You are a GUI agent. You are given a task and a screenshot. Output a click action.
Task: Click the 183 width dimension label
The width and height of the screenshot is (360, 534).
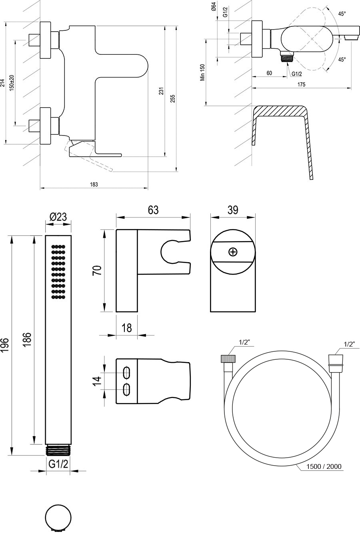[94, 184]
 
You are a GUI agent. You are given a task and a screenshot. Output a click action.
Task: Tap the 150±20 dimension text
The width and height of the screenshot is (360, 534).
[12, 82]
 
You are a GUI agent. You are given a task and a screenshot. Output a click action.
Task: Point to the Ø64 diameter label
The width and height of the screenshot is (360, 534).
[214, 8]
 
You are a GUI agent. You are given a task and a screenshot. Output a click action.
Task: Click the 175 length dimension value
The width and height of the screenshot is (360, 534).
[301, 84]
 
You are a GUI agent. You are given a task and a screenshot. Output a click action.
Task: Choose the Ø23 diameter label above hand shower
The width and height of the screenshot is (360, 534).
[58, 217]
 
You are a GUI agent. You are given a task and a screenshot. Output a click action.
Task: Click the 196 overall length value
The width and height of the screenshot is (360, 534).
[5, 345]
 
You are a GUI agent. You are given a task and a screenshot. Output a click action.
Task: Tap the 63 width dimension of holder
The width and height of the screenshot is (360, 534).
[153, 210]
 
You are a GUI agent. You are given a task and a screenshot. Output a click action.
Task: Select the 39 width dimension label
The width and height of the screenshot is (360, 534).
[233, 210]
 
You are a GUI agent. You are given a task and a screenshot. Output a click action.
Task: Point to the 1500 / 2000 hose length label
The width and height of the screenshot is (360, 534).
[324, 466]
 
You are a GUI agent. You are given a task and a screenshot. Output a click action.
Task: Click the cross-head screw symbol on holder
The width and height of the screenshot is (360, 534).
[233, 252]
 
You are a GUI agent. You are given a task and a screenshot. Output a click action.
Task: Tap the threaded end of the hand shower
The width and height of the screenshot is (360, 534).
[58, 450]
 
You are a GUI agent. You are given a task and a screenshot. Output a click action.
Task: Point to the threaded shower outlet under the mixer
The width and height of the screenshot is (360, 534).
[286, 57]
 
